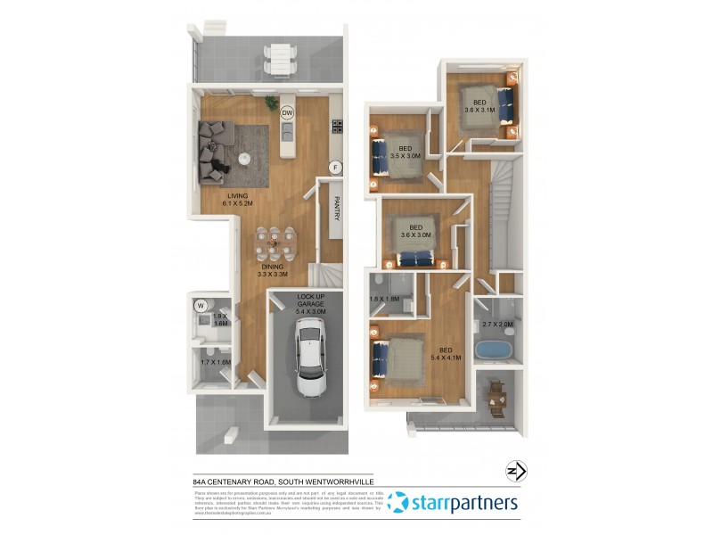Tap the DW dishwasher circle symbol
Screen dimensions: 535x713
point(287,113)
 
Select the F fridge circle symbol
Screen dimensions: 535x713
point(335,167)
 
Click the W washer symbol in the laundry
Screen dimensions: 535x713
point(201,306)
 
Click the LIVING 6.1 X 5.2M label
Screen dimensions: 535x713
point(237,200)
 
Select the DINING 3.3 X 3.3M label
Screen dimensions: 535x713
point(273,271)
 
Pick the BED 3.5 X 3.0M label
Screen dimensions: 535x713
point(405,152)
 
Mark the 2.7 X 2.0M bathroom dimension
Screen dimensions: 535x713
point(496,325)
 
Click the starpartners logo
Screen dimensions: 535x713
point(454,503)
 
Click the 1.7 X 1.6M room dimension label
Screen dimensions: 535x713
point(216,363)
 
